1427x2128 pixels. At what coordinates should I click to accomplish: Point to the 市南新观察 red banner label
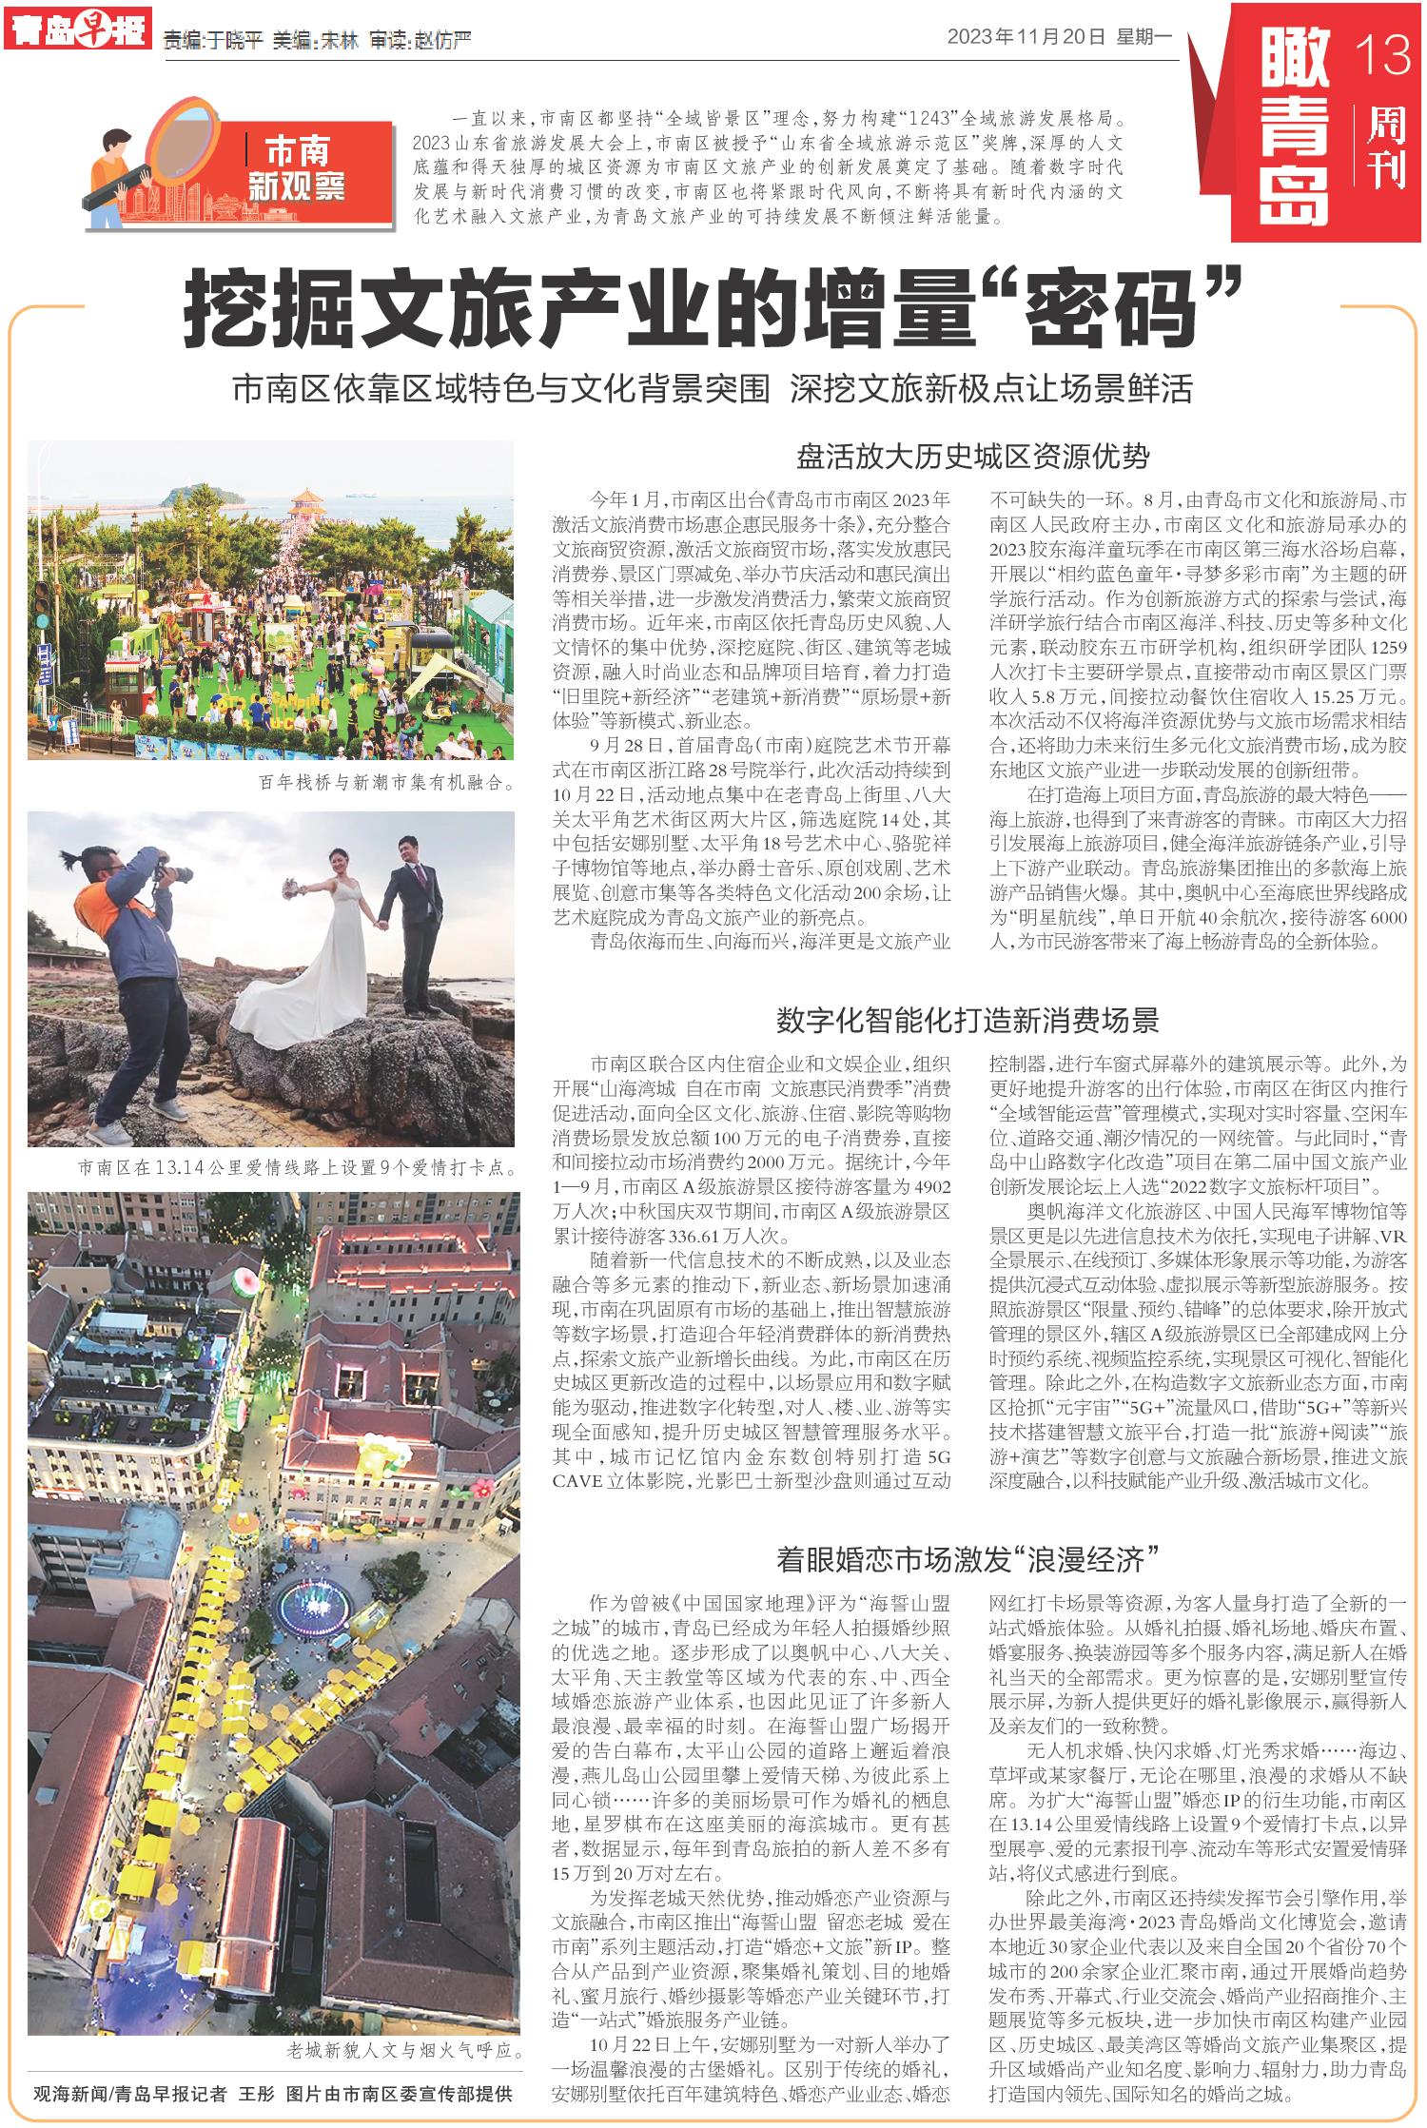[x=296, y=167]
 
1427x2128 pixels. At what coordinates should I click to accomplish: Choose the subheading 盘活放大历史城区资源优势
[x=972, y=458]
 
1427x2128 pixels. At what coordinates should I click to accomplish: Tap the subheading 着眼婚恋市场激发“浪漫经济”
[x=967, y=1558]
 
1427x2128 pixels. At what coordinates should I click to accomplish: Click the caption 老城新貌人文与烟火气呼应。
[x=404, y=2051]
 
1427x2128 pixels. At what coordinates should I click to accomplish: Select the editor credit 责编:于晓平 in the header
[x=212, y=41]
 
